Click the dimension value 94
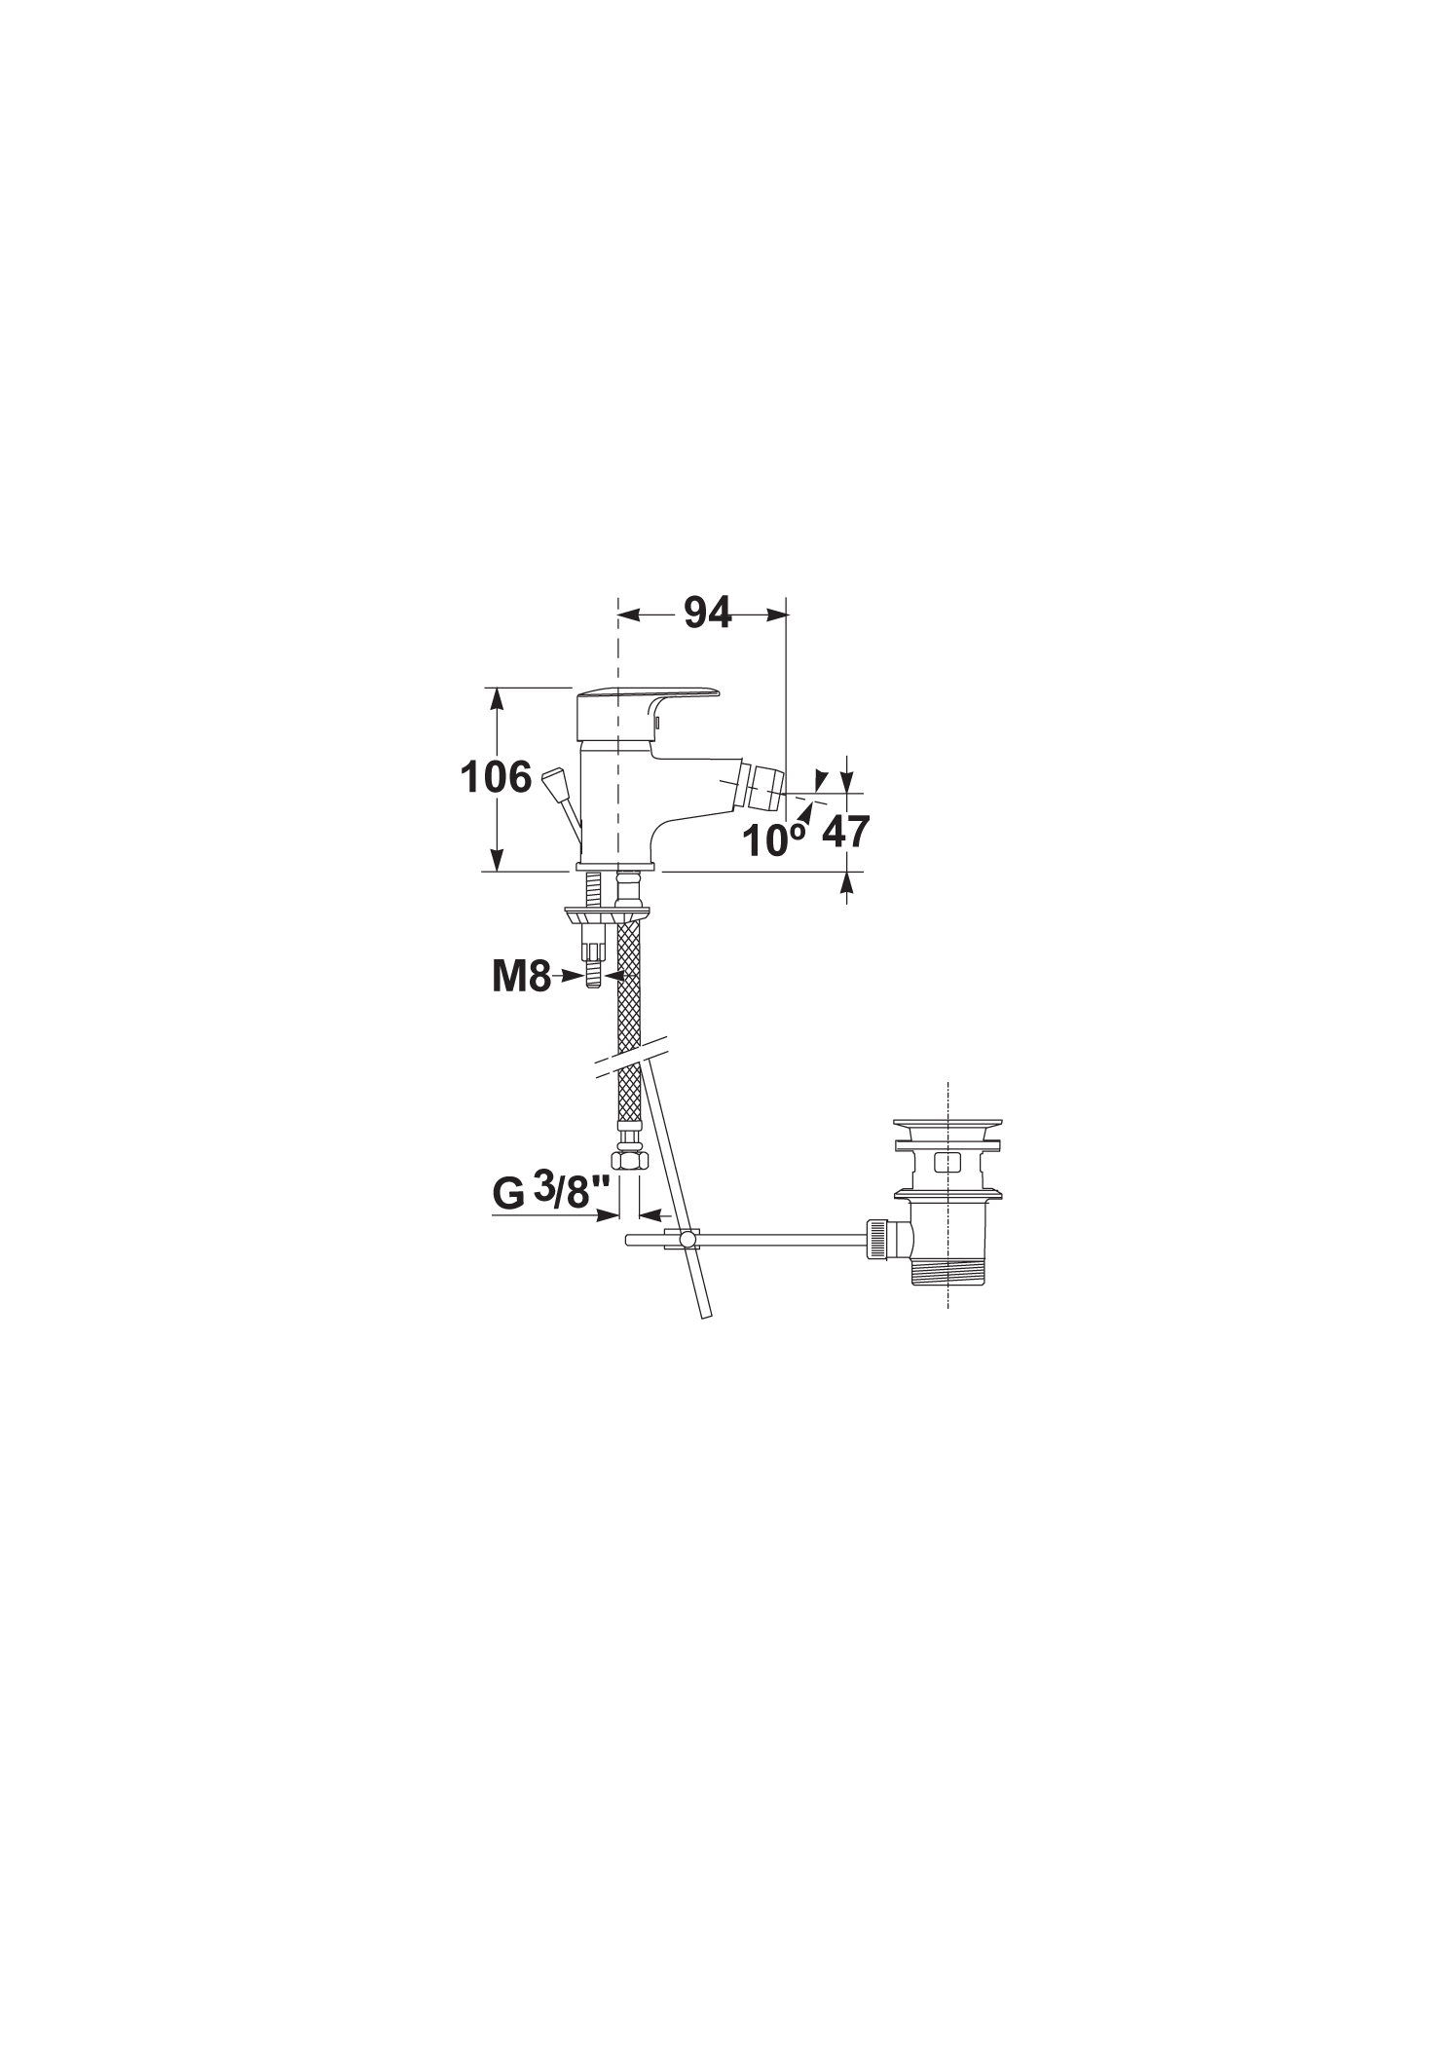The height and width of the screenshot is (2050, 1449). click(707, 613)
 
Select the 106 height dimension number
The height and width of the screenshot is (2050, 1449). click(497, 778)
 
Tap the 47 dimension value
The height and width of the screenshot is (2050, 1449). click(846, 833)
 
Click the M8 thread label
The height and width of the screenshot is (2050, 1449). click(521, 977)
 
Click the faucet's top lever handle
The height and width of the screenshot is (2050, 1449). click(648, 698)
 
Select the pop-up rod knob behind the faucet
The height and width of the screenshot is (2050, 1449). click(553, 781)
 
